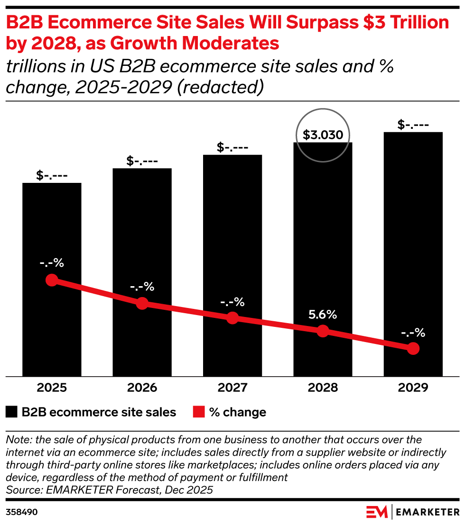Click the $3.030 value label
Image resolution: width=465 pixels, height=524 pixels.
tap(323, 136)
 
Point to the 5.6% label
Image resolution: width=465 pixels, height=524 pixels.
tap(323, 314)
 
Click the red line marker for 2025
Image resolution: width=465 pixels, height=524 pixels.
tap(52, 280)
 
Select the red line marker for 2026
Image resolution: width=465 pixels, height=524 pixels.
tap(142, 303)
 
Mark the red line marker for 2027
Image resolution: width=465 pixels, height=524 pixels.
tap(232, 318)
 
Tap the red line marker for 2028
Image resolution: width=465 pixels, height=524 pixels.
tap(323, 331)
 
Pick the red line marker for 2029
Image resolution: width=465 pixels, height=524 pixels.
tap(413, 348)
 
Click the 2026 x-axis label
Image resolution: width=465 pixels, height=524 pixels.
tap(142, 388)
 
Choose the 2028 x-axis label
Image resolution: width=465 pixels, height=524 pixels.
tap(323, 388)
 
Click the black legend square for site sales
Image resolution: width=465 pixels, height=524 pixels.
tap(12, 412)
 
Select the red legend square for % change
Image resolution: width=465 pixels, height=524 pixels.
tap(199, 412)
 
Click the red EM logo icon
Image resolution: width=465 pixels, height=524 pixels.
tap(377, 512)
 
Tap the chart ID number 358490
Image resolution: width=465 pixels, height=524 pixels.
tap(22, 512)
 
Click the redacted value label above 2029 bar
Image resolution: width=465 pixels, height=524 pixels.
tap(413, 126)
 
